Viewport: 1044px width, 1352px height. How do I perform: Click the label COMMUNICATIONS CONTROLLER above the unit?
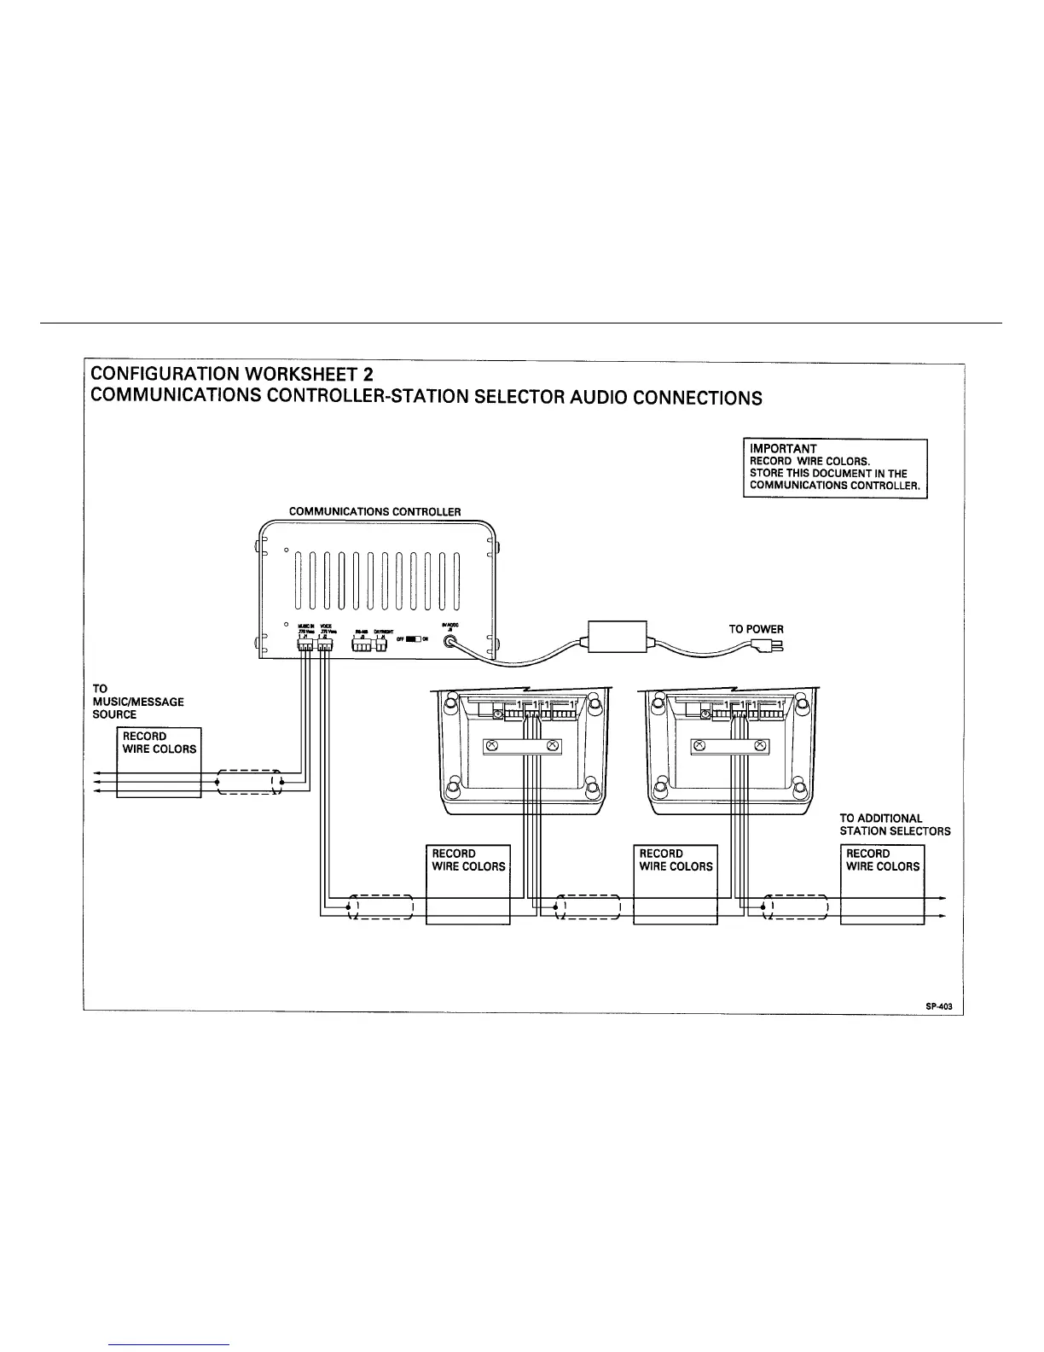tap(374, 512)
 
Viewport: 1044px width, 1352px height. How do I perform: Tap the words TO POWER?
tap(756, 629)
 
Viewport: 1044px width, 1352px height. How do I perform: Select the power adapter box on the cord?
tap(618, 636)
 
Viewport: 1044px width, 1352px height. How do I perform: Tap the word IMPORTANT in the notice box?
tap(783, 449)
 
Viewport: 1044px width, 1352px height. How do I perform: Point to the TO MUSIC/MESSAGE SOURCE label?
tap(137, 702)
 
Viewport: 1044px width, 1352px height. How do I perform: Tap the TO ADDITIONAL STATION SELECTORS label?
tap(894, 825)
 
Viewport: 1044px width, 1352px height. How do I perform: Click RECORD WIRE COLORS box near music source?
tap(159, 761)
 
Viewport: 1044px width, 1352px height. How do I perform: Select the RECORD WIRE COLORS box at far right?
tap(883, 883)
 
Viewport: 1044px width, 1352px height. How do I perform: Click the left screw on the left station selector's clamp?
tap(491, 747)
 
